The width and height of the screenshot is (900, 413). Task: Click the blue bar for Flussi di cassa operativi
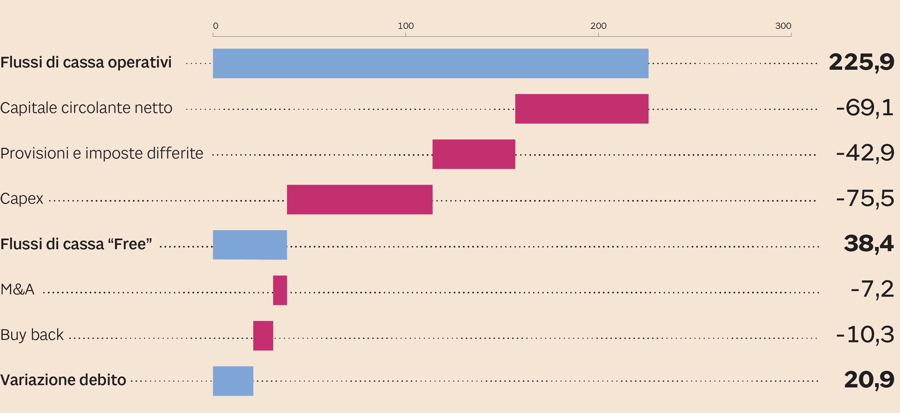pyautogui.click(x=431, y=63)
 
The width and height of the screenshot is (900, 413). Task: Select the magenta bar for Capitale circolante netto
pyautogui.click(x=581, y=109)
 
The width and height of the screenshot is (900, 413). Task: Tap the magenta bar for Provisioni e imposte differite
pyautogui.click(x=473, y=154)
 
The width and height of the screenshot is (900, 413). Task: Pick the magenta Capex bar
pyautogui.click(x=359, y=199)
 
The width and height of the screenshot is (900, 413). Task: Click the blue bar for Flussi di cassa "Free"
pyautogui.click(x=250, y=245)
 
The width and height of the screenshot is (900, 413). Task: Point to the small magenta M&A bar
pyautogui.click(x=280, y=290)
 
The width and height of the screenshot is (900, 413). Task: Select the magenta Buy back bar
pyautogui.click(x=263, y=336)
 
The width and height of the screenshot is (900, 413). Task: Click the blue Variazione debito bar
pyautogui.click(x=233, y=381)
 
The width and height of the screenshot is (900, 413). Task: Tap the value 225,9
pyautogui.click(x=861, y=62)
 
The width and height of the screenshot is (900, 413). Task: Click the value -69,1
pyautogui.click(x=864, y=108)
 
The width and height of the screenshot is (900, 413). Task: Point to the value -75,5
pyautogui.click(x=864, y=199)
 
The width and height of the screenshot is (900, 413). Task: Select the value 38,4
pyautogui.click(x=868, y=244)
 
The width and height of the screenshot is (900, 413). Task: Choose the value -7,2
pyautogui.click(x=872, y=290)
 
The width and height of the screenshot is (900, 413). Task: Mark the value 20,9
pyautogui.click(x=868, y=380)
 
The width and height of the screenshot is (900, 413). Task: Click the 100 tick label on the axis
pyautogui.click(x=406, y=26)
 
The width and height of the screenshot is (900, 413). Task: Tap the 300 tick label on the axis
pyautogui.click(x=783, y=26)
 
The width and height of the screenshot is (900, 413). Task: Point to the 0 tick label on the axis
pyautogui.click(x=215, y=26)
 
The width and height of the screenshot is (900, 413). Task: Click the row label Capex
pyautogui.click(x=22, y=199)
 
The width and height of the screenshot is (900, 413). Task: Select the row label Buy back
pyautogui.click(x=32, y=335)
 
